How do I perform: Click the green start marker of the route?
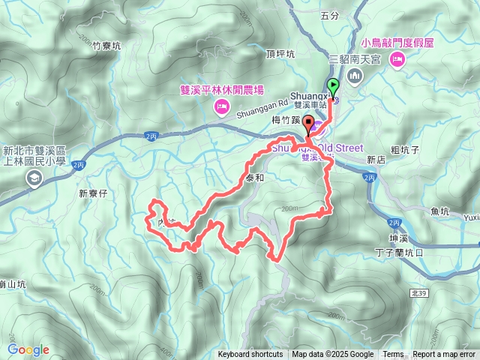coord(332,85)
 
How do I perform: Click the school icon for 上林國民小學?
coord(34,178)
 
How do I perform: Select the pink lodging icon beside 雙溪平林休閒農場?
coord(221,109)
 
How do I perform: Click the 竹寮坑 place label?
coord(106,46)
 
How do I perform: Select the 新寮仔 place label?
coord(94,193)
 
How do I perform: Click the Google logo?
coord(28,349)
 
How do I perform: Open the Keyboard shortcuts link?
coord(250,355)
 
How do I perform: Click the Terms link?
coord(393,355)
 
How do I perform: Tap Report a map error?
coord(444,355)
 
